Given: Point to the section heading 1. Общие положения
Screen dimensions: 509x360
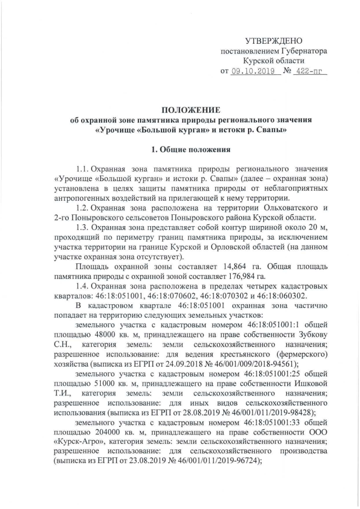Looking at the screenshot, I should (191, 150).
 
